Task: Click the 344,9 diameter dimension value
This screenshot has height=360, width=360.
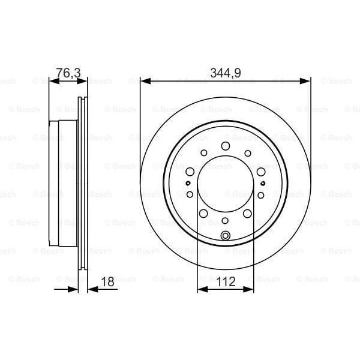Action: click(226, 72)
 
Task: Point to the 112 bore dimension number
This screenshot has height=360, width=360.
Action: click(226, 281)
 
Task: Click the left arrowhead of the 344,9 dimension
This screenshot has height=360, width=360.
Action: click(144, 80)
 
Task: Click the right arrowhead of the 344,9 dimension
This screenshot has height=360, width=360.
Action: click(307, 80)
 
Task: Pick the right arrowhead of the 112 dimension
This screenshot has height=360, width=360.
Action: click(250, 289)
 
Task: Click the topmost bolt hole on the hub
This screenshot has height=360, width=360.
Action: click(226, 146)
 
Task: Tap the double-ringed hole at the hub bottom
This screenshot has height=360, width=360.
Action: click(226, 235)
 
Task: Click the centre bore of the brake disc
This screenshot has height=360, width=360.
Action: click(226, 183)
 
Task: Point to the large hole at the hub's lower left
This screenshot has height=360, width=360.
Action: click(203, 214)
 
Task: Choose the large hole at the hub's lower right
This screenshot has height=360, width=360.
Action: click(248, 214)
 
